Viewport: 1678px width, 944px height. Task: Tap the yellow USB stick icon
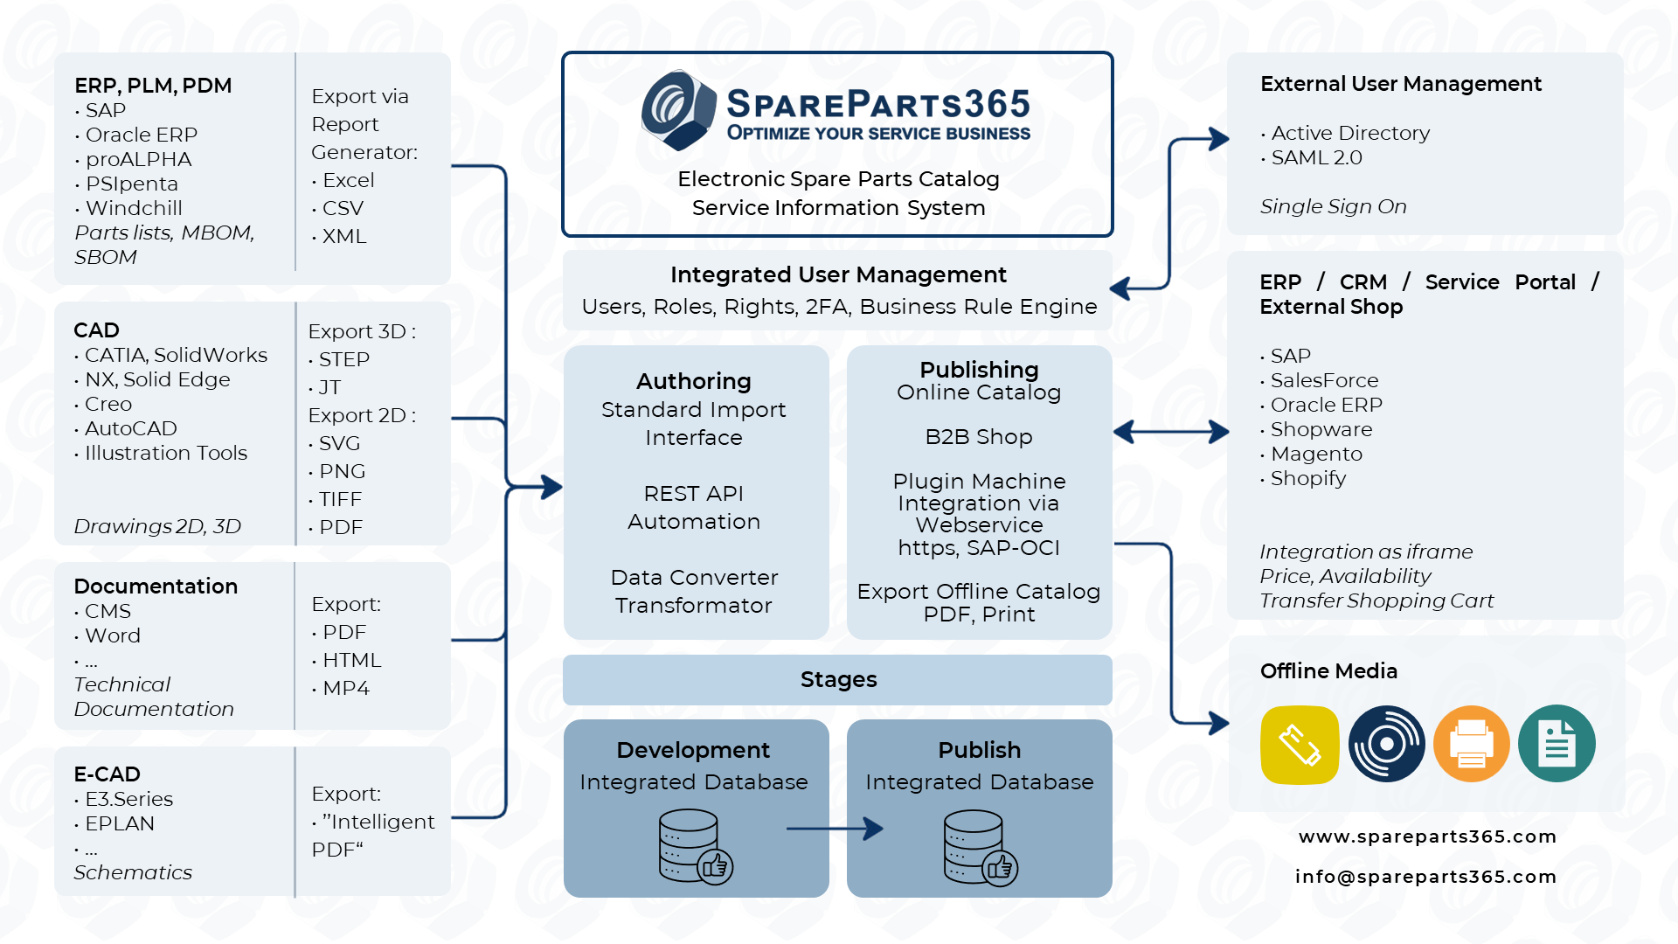click(1300, 745)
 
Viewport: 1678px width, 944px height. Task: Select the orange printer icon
click(1472, 744)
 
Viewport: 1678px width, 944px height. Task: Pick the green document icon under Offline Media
click(1557, 744)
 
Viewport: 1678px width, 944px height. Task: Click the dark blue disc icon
click(1386, 744)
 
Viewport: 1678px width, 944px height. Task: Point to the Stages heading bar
click(837, 680)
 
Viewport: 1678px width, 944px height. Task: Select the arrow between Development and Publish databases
click(835, 829)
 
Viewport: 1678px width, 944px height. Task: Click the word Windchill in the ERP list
click(134, 208)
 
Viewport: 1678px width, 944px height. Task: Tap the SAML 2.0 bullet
click(1316, 158)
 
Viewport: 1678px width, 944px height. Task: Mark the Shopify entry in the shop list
click(1307, 479)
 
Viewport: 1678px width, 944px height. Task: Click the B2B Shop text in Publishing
click(979, 437)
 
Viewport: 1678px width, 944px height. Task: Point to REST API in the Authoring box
click(693, 494)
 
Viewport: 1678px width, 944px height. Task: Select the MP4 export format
click(345, 689)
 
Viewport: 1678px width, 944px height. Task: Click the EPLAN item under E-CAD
click(119, 824)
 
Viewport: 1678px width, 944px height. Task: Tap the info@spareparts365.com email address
click(1425, 877)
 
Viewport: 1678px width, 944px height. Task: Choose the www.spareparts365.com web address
click(1427, 836)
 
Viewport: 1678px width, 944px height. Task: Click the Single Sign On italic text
click(1333, 207)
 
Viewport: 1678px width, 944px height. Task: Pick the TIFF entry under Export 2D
click(340, 500)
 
